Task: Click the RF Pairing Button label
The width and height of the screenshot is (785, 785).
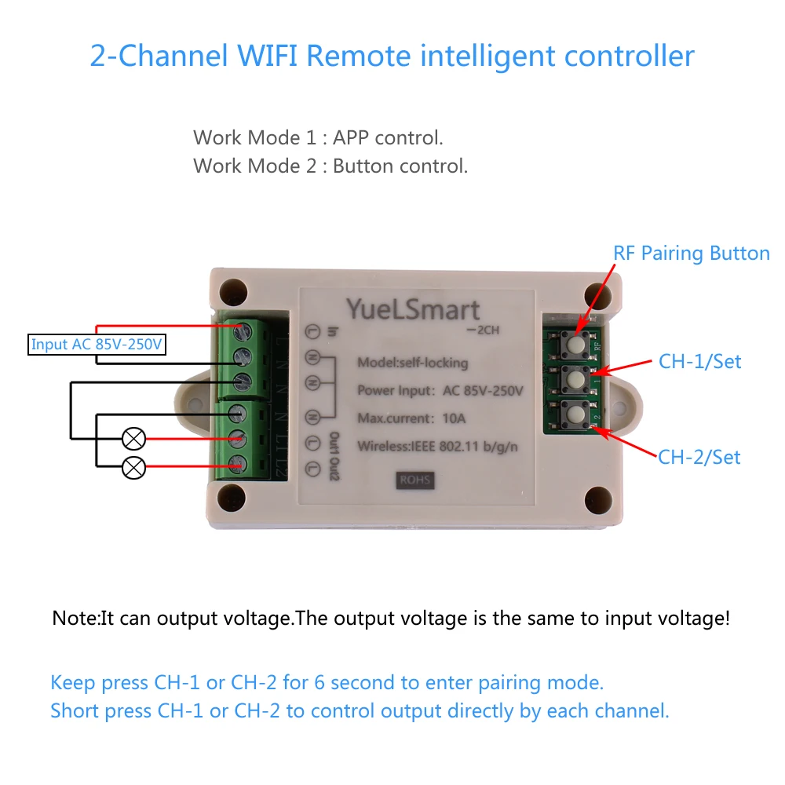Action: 692,254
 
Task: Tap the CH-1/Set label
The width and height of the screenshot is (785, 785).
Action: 700,361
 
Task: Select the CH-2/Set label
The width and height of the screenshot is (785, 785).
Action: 699,457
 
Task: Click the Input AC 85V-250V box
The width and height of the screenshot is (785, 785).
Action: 97,345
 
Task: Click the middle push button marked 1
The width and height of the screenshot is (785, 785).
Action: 575,379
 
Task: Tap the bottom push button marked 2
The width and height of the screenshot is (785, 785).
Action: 575,414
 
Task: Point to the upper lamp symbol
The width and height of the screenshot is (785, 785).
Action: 133,439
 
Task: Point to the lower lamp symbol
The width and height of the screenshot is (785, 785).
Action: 133,468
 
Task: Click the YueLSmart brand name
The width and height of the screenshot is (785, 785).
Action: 413,310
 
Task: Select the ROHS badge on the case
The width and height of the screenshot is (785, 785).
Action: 415,480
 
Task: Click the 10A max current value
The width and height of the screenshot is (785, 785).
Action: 454,418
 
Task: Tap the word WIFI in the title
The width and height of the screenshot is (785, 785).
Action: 268,56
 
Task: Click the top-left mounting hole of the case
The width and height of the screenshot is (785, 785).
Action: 233,292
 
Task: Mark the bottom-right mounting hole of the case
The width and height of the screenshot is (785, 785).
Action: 598,499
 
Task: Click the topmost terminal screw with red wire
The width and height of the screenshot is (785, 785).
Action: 242,330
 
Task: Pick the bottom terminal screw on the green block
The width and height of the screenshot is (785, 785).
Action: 237,464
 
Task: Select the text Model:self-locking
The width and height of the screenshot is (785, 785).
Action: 413,363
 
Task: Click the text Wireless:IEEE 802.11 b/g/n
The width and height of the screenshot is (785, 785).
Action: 437,446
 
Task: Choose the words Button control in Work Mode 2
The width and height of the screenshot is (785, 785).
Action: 400,166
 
